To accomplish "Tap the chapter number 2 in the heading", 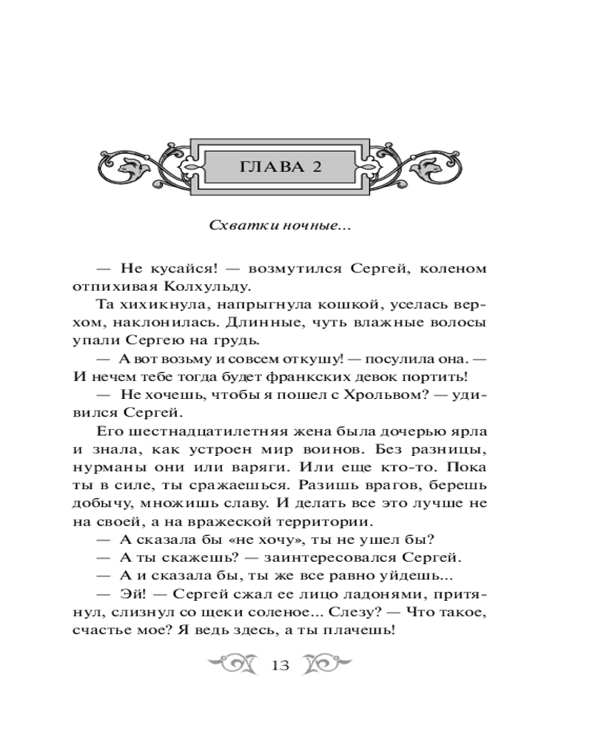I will [316, 166].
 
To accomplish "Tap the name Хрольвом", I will [363, 394].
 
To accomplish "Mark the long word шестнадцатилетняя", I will [215, 431].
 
